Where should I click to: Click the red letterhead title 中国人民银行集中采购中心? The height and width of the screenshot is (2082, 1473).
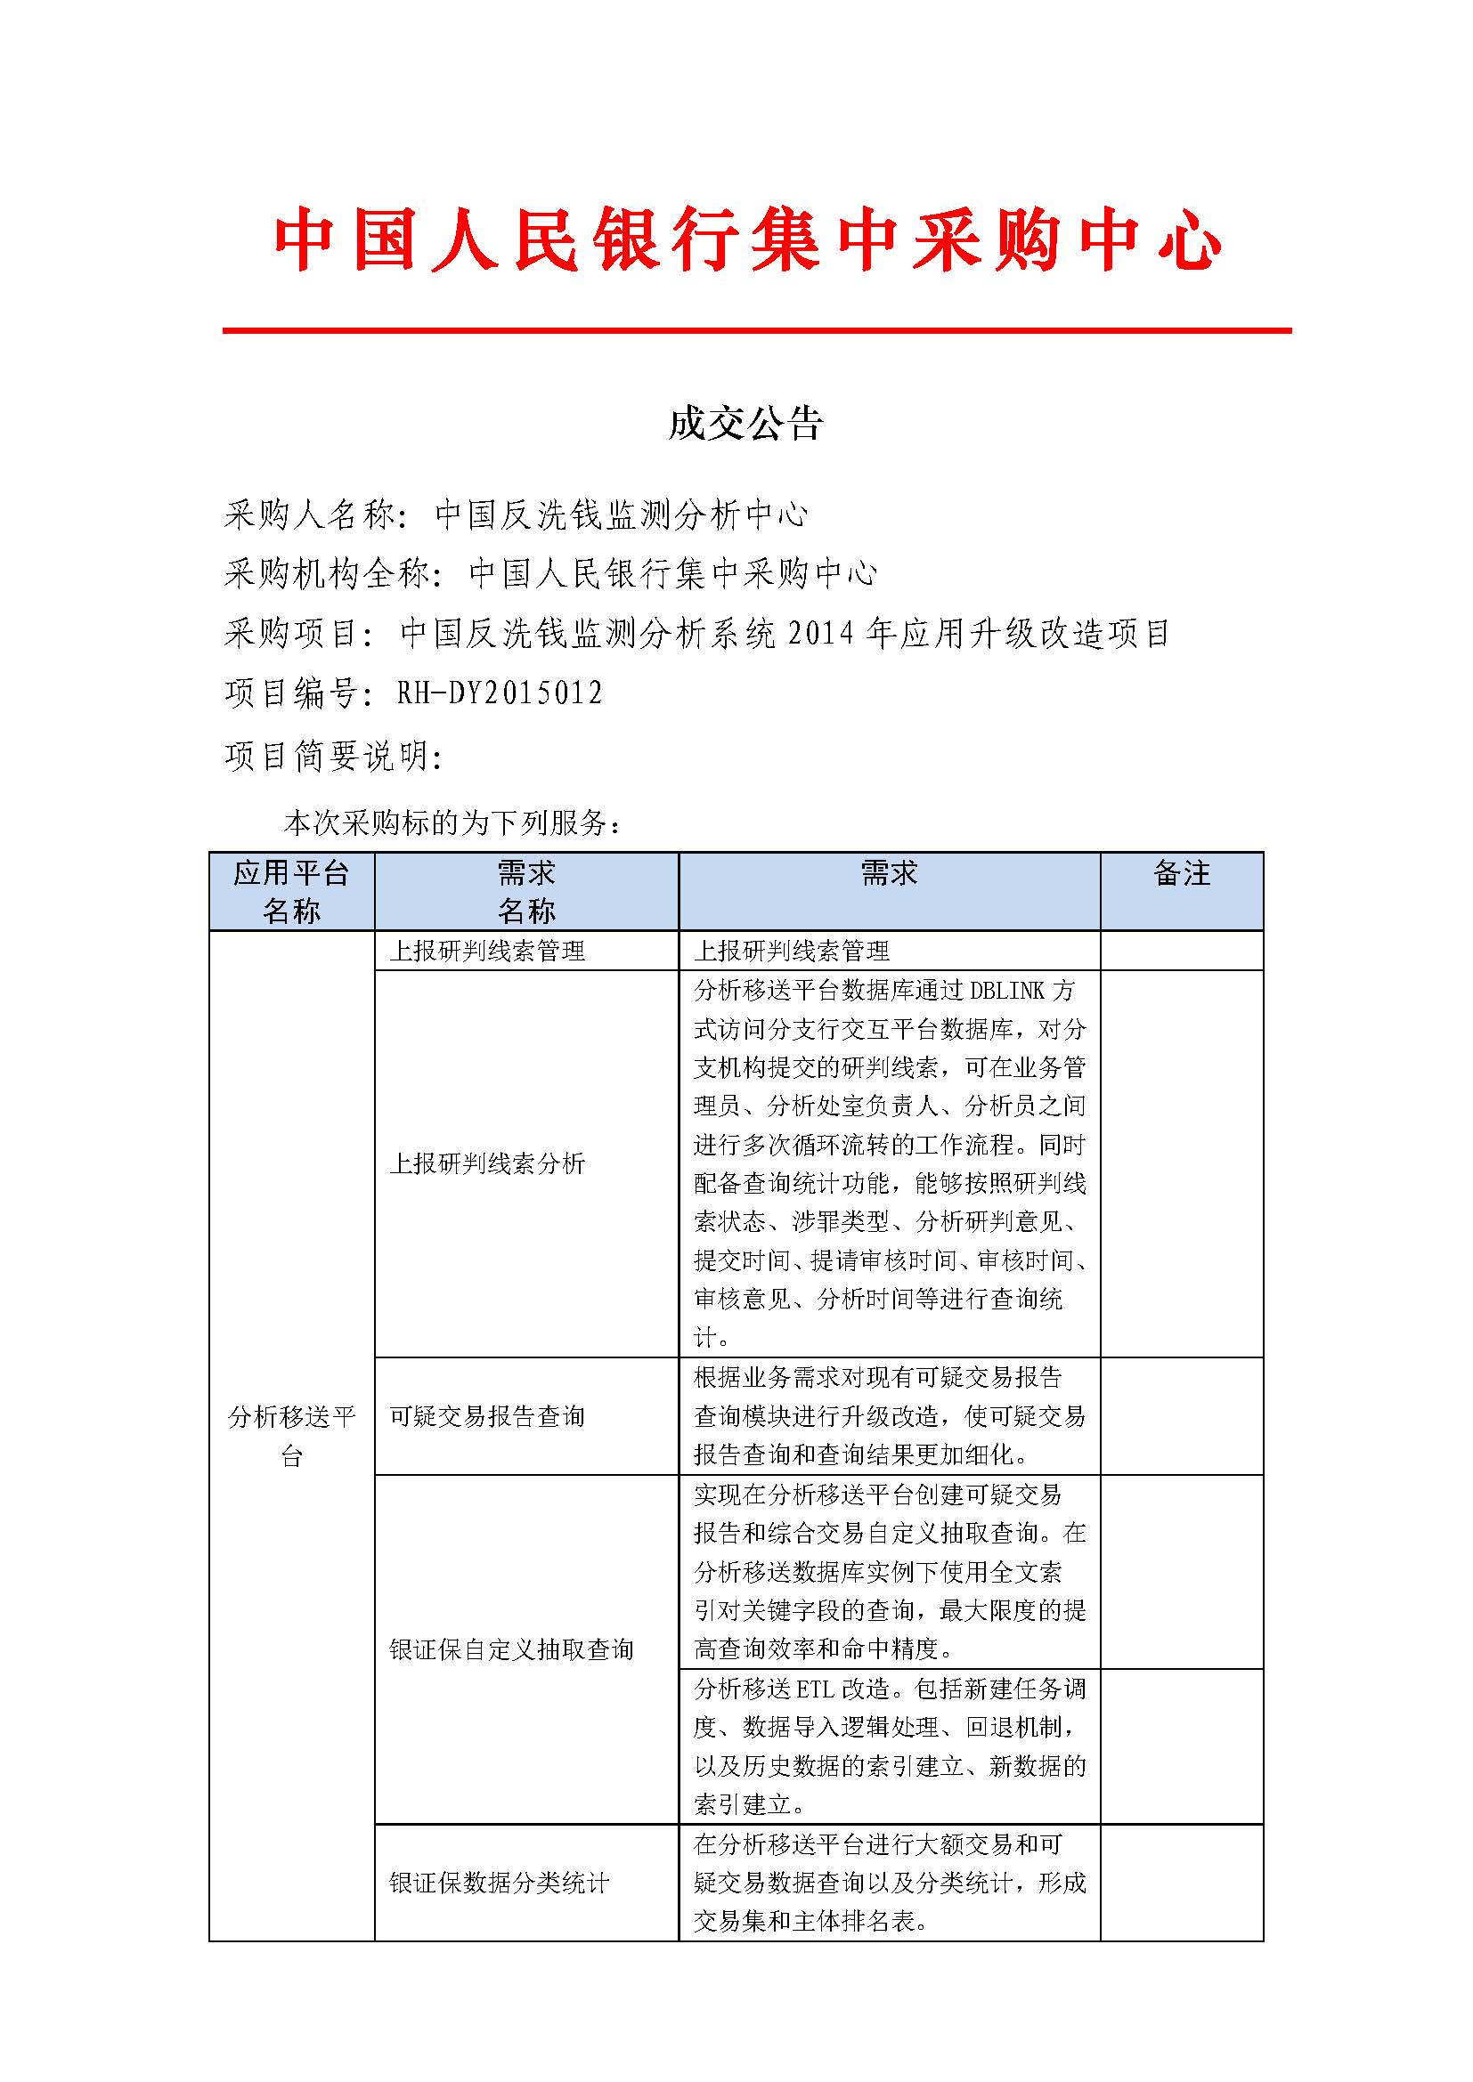[x=746, y=240]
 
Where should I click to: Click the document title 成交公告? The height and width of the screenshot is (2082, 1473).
[x=745, y=424]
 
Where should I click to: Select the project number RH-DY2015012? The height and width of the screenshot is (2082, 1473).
[x=500, y=693]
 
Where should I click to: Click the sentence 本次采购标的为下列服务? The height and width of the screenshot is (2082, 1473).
[x=451, y=822]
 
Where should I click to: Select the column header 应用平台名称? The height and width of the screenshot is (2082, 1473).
[x=291, y=891]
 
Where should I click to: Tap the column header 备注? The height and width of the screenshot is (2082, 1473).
[x=1181, y=874]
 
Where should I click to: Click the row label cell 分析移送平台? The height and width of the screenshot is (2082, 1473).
[x=291, y=1436]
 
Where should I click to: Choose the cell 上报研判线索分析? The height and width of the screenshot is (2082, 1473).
[x=487, y=1163]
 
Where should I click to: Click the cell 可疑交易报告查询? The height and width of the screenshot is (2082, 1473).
[x=487, y=1416]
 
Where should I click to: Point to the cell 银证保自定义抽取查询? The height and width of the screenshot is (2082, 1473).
[x=510, y=1649]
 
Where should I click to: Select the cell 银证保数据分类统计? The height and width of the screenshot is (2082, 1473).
[x=499, y=1884]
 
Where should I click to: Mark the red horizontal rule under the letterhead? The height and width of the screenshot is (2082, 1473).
[x=756, y=331]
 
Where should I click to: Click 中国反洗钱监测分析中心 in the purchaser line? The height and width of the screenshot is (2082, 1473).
[x=622, y=515]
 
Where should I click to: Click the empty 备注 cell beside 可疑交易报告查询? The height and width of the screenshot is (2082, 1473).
[x=1181, y=1416]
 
